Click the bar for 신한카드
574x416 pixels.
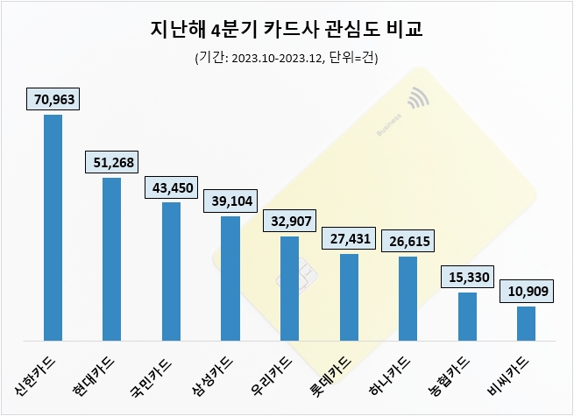[x=53, y=227]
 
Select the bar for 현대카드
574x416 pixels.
[x=111, y=258]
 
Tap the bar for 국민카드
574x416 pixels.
[x=171, y=271]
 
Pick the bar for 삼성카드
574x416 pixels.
[x=230, y=278]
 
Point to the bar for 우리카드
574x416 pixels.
[x=289, y=287]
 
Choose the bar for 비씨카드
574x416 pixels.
[x=526, y=322]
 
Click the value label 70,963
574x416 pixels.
[x=53, y=99]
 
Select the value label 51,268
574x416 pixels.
[x=111, y=162]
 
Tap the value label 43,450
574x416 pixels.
[x=171, y=187]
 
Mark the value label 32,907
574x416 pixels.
[x=289, y=221]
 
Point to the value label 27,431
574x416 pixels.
[x=348, y=238]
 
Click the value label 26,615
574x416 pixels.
[x=407, y=241]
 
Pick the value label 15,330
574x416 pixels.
[x=467, y=277]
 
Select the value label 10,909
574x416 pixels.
[x=526, y=291]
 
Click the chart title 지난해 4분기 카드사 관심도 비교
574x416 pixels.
[x=287, y=32]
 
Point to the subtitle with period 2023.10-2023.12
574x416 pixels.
[x=287, y=58]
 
